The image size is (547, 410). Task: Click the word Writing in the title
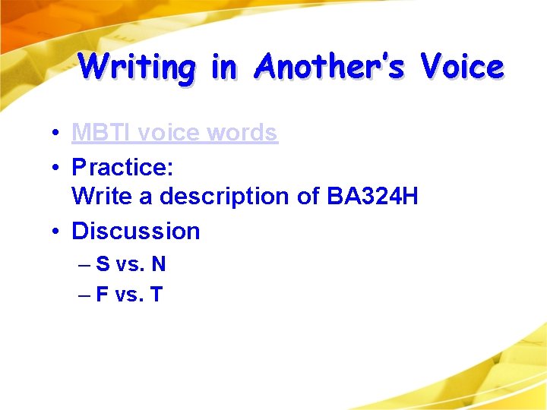[x=138, y=67]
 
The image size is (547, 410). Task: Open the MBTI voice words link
[x=174, y=133]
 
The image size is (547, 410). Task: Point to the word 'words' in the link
[x=242, y=133]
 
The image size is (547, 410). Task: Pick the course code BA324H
[x=372, y=197]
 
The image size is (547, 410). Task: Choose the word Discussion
[x=135, y=231]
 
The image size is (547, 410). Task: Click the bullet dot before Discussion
[x=57, y=232]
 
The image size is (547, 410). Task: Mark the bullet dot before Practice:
[x=57, y=166]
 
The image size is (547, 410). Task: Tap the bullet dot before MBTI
[x=57, y=134]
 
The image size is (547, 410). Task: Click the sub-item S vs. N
[x=131, y=264]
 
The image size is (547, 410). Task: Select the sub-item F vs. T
[x=130, y=294]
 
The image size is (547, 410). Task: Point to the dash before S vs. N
[x=84, y=265]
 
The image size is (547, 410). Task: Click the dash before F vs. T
[x=84, y=295]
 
